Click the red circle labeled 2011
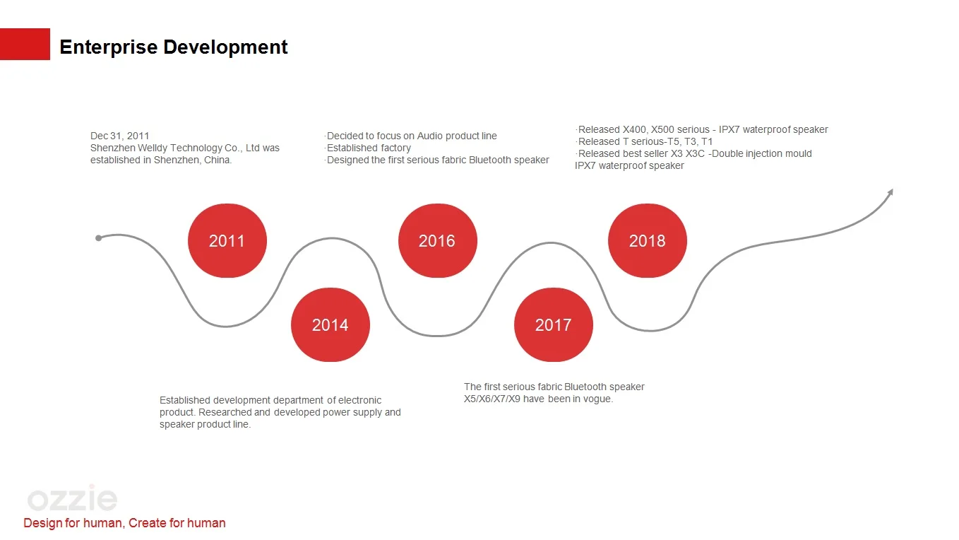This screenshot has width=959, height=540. tap(227, 240)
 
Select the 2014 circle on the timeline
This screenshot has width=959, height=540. tap(330, 324)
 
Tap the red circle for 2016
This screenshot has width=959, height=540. tap(438, 240)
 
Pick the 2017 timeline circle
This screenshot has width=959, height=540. tap(554, 324)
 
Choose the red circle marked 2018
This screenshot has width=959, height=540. tap(648, 240)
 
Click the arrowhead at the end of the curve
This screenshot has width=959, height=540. tap(890, 192)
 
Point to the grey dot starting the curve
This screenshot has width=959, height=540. tap(98, 238)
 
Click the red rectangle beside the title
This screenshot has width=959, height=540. tap(25, 44)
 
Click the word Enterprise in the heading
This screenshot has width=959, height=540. tap(108, 47)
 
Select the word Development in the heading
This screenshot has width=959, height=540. tap(225, 47)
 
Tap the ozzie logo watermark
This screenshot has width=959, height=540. tap(72, 498)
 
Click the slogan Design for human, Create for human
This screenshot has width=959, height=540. tap(124, 523)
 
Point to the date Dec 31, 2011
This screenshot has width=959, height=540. tap(119, 136)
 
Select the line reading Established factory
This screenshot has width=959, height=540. tap(369, 148)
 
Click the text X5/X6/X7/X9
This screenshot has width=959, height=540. tap(492, 399)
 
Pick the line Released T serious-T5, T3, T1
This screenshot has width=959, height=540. tap(644, 141)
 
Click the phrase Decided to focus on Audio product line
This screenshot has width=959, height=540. tap(411, 136)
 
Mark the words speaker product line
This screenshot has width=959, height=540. tap(205, 424)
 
